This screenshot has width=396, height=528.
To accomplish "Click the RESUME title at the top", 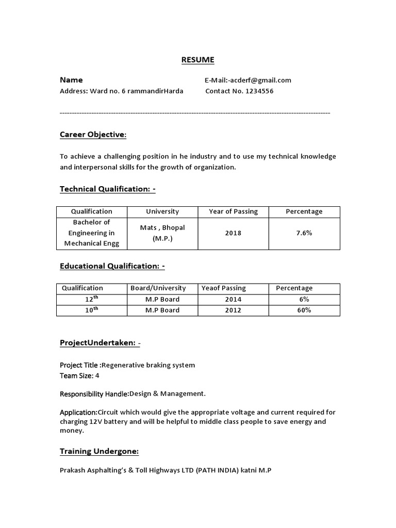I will [197, 60].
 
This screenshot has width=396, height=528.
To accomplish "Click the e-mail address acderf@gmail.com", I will [261, 80].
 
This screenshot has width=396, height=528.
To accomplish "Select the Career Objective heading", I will [93, 135].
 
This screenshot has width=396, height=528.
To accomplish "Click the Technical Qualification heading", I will [107, 189].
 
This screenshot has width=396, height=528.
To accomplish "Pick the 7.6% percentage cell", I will [304, 233].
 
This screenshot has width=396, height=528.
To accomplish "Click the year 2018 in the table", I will [233, 233].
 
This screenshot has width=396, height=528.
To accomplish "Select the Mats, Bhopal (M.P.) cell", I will [162, 233].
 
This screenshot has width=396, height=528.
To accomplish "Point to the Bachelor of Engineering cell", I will [92, 233].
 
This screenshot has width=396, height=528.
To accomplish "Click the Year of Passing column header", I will [233, 211].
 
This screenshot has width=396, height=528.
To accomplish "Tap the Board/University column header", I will [158, 288].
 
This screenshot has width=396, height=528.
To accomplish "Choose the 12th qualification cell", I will [92, 299].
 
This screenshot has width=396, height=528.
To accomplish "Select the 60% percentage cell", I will [304, 310].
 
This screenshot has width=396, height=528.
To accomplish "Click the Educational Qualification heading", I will [112, 266].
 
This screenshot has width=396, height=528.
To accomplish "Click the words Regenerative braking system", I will [148, 365].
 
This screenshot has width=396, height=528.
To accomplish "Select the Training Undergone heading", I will [99, 451].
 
